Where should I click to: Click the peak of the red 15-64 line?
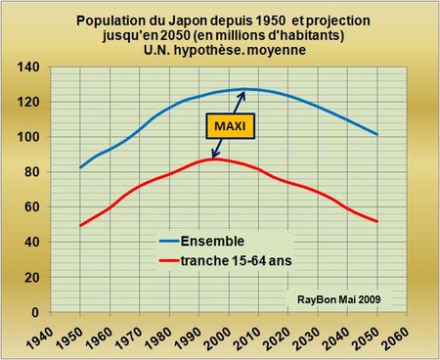tap(217, 158)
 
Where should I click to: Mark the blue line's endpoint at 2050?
tap(376, 134)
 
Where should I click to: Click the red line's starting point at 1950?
tap(80, 226)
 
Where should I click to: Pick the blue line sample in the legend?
tap(167, 242)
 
